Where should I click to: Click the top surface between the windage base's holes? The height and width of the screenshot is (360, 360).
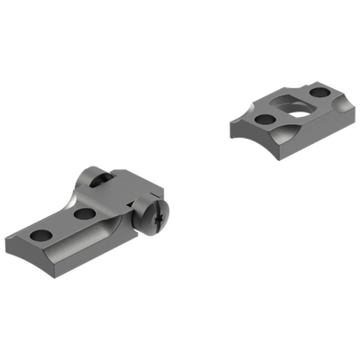[63, 225]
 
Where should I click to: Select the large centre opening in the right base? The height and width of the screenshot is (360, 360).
[291, 104]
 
